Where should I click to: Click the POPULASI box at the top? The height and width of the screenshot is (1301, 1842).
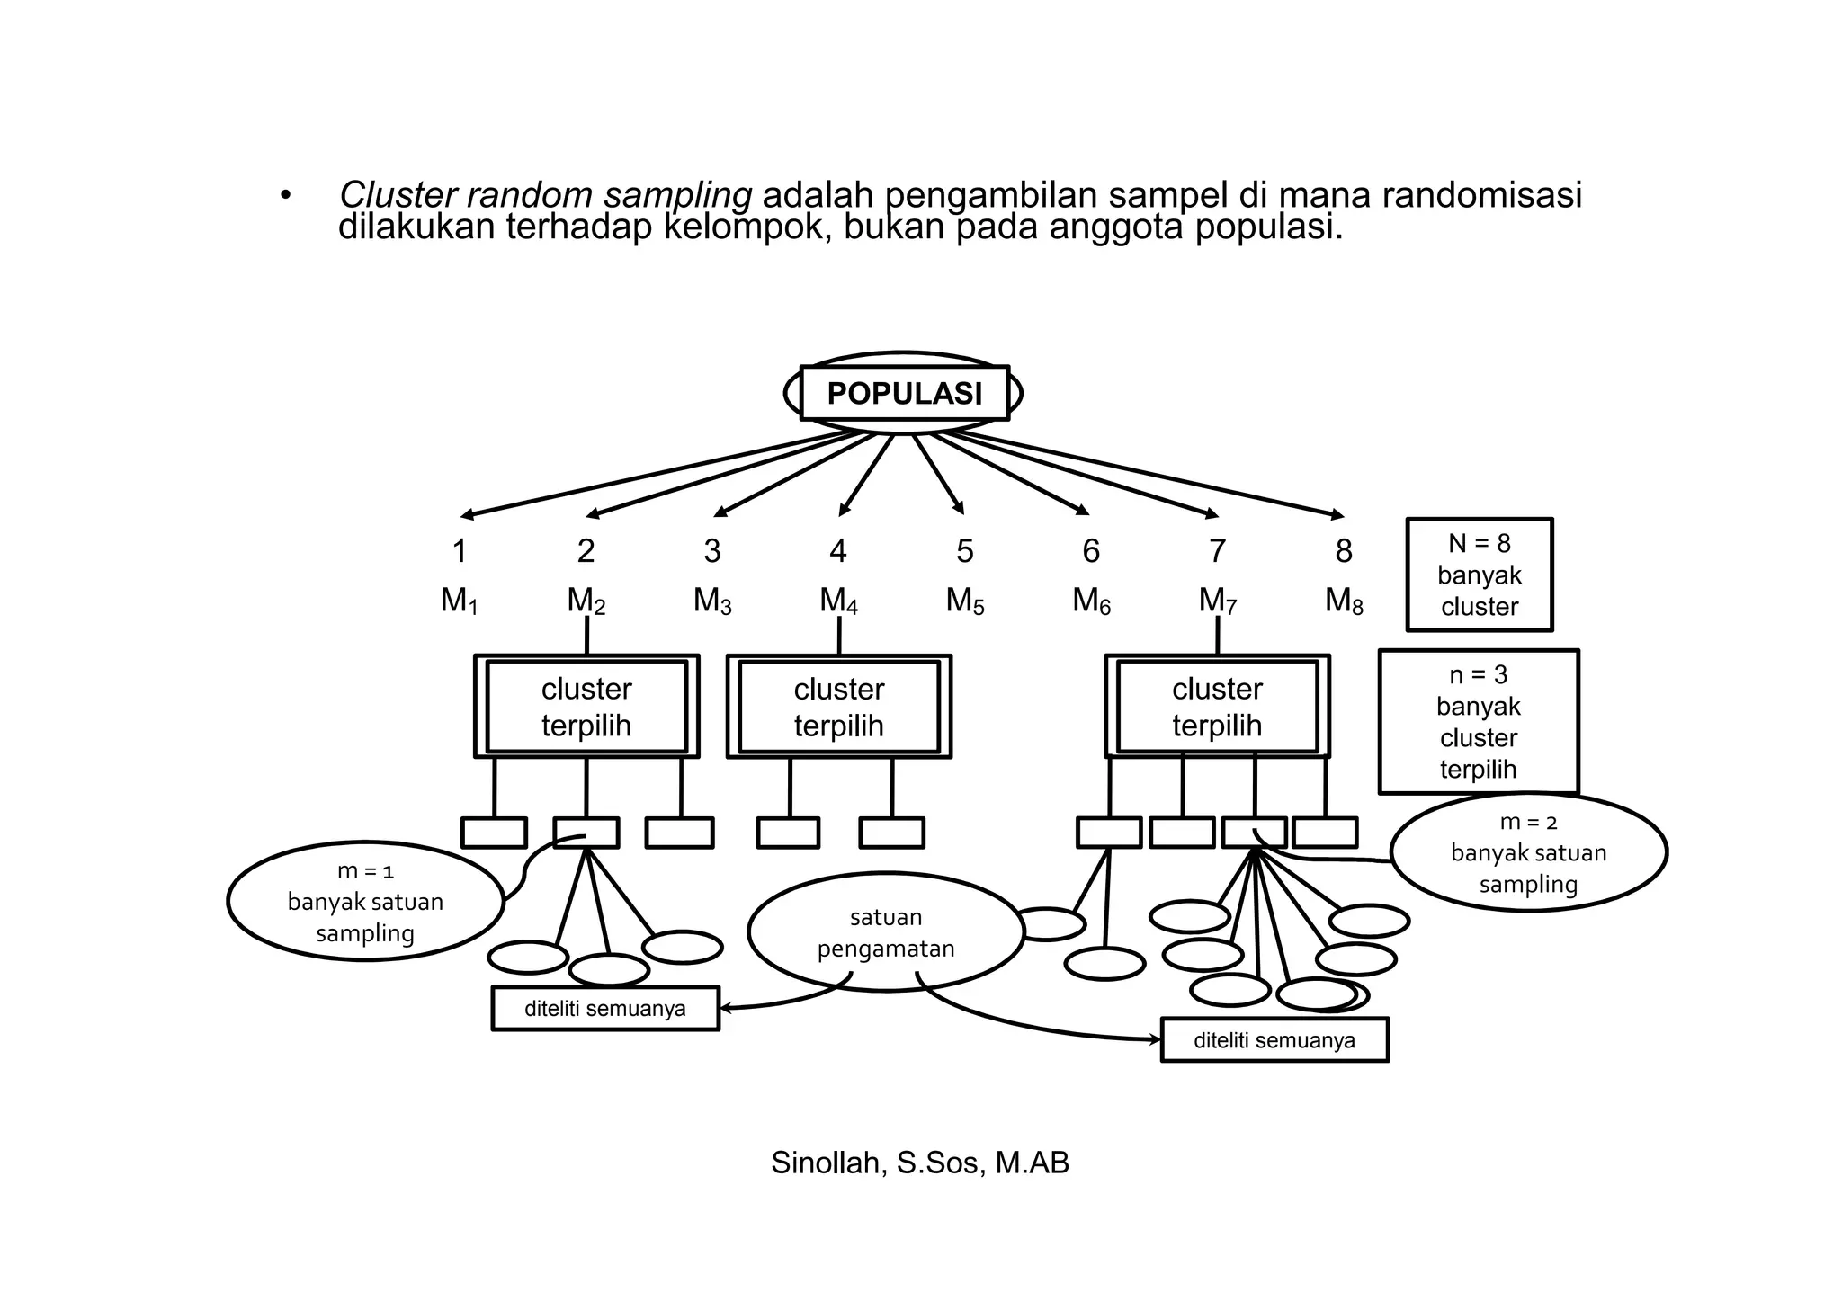point(904,394)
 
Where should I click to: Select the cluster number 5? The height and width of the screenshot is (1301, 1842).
point(965,551)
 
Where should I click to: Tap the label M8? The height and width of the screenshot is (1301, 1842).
point(1344,601)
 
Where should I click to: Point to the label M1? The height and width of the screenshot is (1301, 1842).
point(459,601)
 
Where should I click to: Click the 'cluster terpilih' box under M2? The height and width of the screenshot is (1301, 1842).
point(586,707)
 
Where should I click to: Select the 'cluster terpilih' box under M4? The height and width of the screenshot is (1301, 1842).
point(838,707)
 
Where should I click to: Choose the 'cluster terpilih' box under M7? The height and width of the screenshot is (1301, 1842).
point(1217,707)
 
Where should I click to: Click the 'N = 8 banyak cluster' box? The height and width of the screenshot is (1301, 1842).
point(1479,575)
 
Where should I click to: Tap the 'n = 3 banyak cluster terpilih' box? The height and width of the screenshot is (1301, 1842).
point(1478,722)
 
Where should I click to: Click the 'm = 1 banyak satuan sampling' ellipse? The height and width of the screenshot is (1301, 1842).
point(365,902)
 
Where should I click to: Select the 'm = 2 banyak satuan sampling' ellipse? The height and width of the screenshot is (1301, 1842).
point(1528,852)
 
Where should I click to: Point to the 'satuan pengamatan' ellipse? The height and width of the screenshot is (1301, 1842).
point(886,932)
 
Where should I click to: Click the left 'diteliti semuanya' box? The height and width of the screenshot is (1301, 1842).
point(605,1009)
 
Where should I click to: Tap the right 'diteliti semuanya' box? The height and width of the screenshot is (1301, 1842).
point(1274,1040)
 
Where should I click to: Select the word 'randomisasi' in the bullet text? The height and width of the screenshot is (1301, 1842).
point(1481,195)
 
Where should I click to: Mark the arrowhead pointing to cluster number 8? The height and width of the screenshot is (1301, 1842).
point(1337,515)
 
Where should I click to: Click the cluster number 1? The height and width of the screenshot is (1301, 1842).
point(460,551)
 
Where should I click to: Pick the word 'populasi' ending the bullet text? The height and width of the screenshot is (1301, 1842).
point(1268,228)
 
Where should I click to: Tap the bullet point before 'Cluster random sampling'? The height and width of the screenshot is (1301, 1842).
point(285,196)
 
